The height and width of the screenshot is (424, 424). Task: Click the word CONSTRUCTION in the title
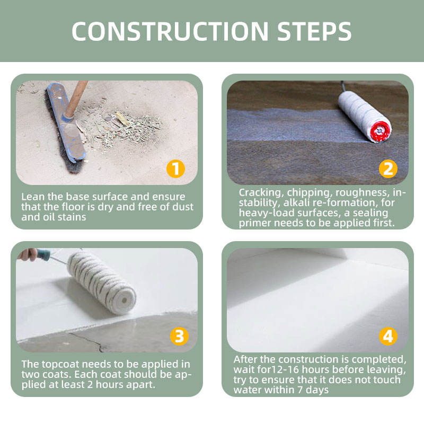170,31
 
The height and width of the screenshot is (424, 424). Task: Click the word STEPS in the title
314,31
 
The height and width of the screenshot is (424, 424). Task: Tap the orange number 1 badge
175,169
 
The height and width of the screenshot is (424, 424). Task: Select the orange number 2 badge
388,169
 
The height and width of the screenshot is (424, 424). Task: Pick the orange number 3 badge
179,336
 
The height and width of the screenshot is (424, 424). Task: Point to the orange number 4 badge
388,336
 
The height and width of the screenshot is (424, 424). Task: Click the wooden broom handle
76,99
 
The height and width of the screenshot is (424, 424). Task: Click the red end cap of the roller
381,131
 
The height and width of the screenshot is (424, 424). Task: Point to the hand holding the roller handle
28,255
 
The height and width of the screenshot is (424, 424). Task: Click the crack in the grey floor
86,341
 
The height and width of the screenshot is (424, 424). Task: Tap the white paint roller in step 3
102,282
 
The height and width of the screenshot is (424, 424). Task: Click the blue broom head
67,122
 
